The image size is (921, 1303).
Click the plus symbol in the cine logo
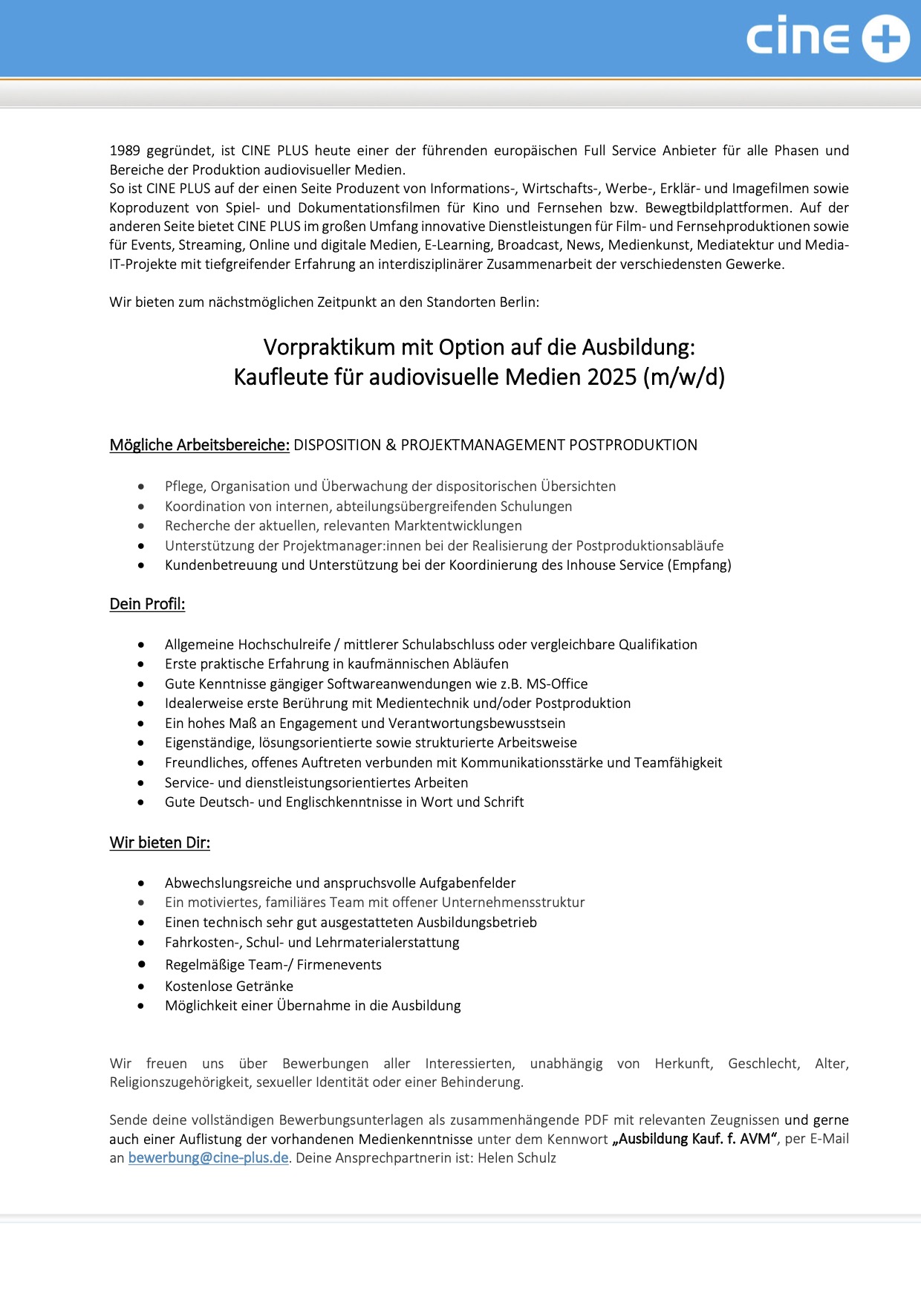(x=885, y=39)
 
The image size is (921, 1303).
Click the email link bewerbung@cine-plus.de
(x=208, y=1157)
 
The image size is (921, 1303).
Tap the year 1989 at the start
(x=125, y=151)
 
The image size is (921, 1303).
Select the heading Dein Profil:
(x=147, y=604)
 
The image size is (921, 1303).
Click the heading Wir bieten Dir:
(x=160, y=842)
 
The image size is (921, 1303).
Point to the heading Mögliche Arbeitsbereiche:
(x=199, y=445)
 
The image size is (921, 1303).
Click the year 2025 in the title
(x=612, y=377)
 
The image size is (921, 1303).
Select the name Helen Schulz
(x=517, y=1157)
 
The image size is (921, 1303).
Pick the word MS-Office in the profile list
(x=557, y=683)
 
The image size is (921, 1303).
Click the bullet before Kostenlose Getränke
(x=141, y=987)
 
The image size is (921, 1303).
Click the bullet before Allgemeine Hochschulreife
(x=141, y=645)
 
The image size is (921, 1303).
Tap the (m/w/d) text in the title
(x=684, y=377)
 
